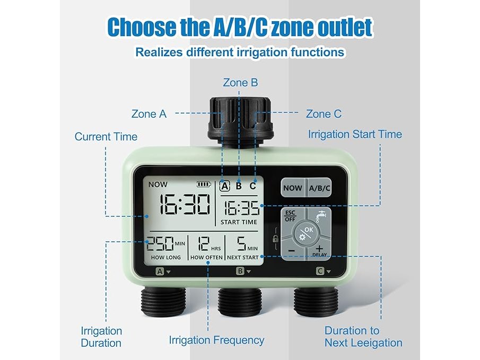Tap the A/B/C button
coord(319,188)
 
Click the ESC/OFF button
coord(291,218)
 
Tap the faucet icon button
coord(320,218)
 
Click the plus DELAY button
coord(320,251)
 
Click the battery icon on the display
coord(204,185)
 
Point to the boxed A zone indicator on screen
coord(225,186)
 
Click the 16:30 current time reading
coord(184,205)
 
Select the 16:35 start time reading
coord(241,208)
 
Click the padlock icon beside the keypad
coord(275,239)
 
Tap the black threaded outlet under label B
coord(240,302)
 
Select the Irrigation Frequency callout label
coord(217,340)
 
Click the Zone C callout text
coord(324,114)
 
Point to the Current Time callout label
coord(106,137)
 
